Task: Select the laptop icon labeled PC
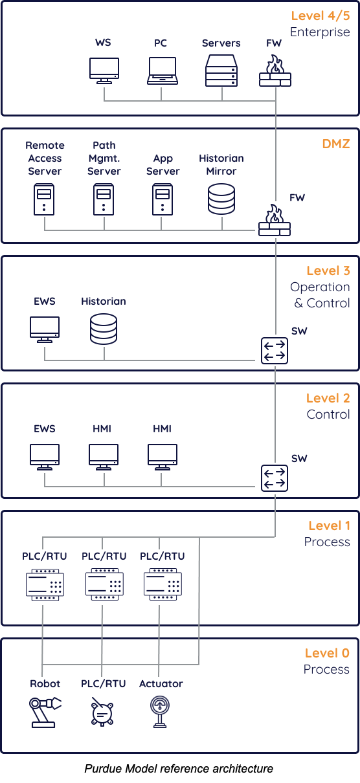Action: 163,71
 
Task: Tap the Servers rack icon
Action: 221,71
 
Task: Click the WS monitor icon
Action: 104,71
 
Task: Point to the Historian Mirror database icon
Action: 221,199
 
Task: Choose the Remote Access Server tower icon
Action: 44,199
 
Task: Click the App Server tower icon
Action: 163,199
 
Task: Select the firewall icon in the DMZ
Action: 275,220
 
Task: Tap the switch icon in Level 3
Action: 275,351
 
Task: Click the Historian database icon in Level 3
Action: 104,329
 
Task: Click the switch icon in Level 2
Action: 275,478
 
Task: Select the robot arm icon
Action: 45,712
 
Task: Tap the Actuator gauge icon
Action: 160,712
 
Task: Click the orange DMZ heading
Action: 336,144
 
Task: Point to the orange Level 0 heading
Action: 327,653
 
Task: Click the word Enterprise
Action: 320,32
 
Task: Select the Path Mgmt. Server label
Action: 104,159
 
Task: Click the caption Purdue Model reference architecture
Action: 179,769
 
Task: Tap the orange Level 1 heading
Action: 329,525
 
